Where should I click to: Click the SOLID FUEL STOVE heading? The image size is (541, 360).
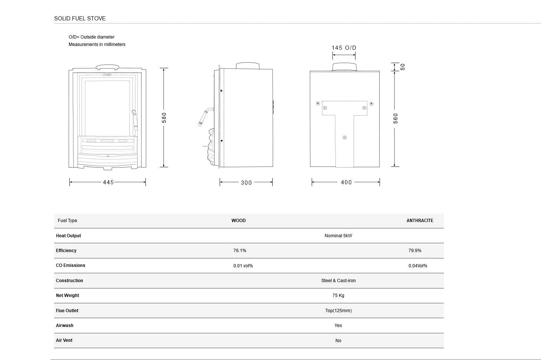[80, 19]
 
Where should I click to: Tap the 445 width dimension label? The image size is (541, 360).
[108, 182]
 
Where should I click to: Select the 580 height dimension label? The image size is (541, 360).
[164, 118]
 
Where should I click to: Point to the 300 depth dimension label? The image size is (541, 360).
[246, 183]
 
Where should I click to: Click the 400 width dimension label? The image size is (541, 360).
[346, 182]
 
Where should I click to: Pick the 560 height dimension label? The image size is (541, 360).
[396, 119]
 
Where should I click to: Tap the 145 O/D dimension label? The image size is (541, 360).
[344, 48]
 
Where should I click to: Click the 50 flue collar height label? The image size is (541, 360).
[402, 67]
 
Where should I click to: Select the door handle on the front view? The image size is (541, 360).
[135, 120]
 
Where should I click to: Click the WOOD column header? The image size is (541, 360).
[238, 221]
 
